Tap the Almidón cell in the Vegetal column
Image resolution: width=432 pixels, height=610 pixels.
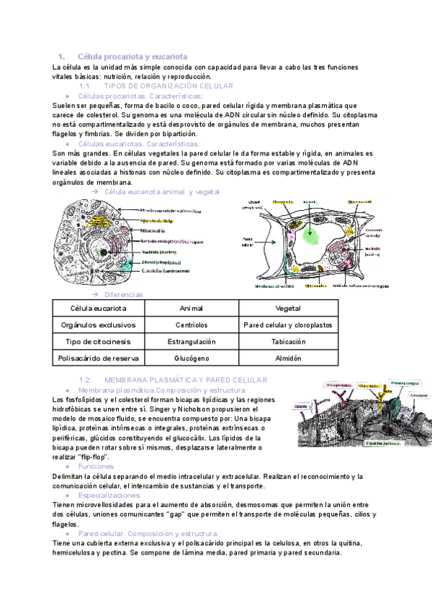coord(288,358)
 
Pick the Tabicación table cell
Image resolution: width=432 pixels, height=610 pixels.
coord(288,341)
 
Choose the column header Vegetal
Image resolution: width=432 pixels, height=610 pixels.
coord(288,308)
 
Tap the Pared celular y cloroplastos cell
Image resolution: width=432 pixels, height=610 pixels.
coord(288,324)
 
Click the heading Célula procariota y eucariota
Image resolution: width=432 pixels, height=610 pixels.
coord(132,56)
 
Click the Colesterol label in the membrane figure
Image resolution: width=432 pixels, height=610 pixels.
coord(418,396)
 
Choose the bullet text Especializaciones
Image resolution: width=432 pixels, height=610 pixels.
coord(109,495)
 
